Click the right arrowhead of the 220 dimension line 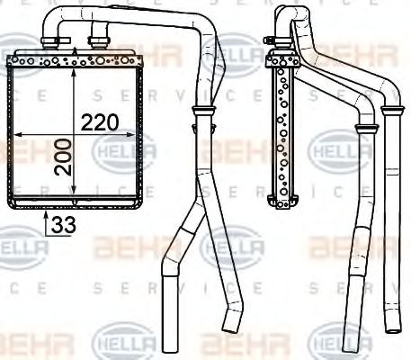click(x=138, y=134)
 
